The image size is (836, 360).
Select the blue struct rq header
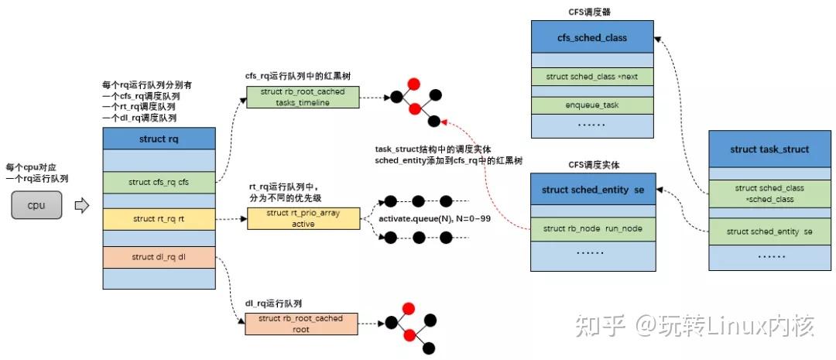point(159,139)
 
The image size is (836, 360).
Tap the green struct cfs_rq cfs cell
point(159,182)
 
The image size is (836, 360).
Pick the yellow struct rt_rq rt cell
point(159,219)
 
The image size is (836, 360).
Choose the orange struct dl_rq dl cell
point(159,257)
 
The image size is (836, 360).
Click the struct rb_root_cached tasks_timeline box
point(303,97)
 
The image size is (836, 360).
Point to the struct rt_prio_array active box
point(303,218)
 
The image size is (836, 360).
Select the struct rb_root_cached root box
point(301,324)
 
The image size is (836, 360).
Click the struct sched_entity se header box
point(592,190)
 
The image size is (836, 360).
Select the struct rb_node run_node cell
point(592,228)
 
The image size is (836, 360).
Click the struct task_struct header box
point(769,149)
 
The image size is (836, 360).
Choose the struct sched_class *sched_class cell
point(769,193)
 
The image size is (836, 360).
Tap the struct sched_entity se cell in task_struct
point(769,231)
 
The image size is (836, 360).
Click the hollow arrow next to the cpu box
point(81,206)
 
